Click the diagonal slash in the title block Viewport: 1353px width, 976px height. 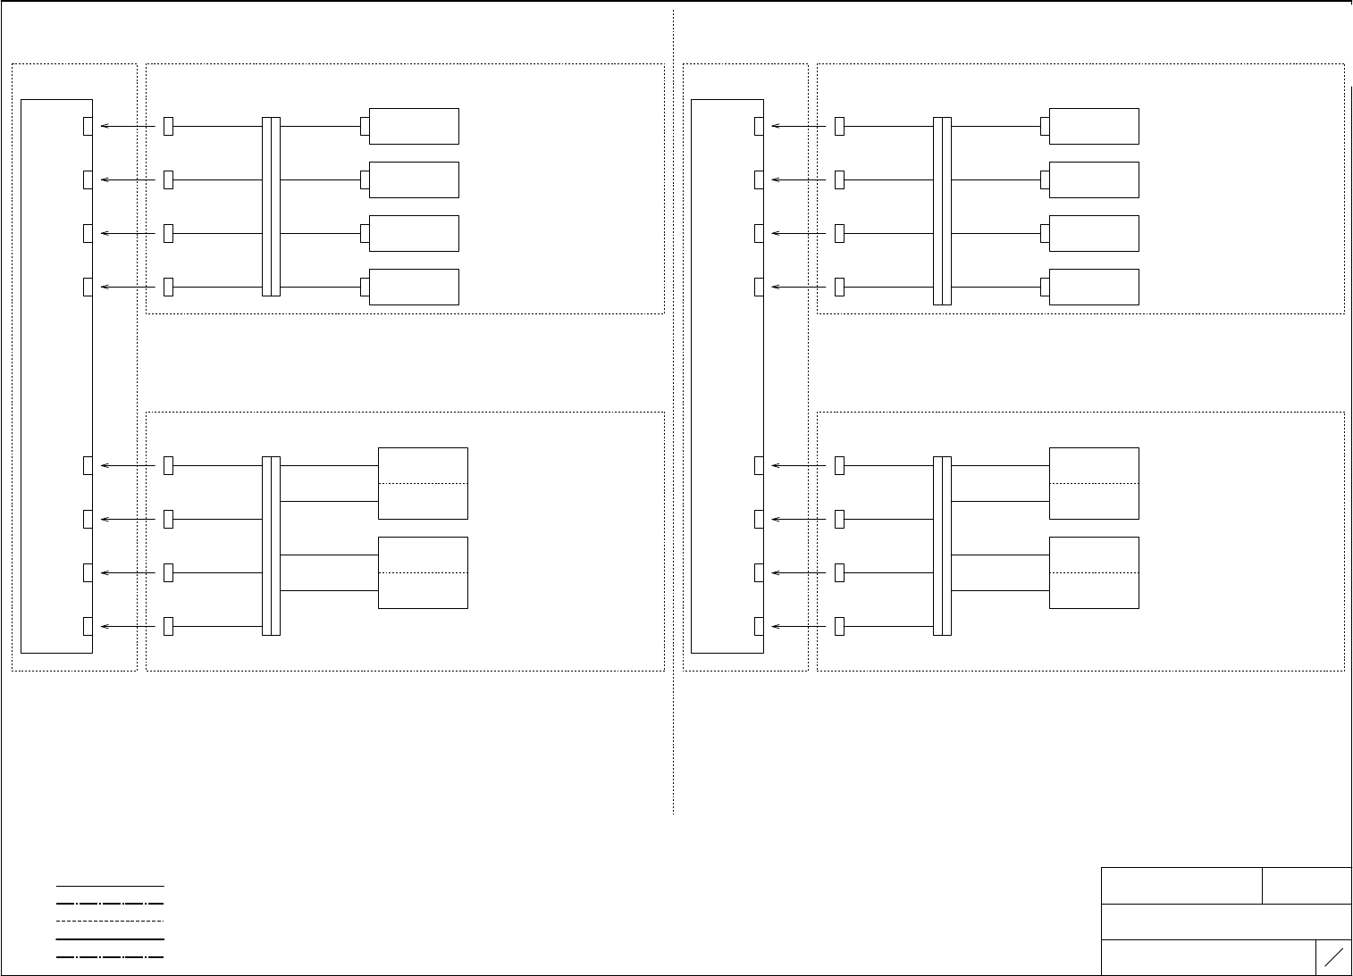(1333, 957)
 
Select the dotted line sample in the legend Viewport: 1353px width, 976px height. (110, 921)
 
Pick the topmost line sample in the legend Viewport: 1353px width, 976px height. (110, 886)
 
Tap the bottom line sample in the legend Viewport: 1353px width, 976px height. (110, 957)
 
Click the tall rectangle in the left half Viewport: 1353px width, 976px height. (56, 376)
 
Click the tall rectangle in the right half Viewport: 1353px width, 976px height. (727, 376)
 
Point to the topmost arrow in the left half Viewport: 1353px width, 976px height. (129, 126)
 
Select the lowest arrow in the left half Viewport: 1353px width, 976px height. (129, 626)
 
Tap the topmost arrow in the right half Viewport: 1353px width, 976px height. (800, 126)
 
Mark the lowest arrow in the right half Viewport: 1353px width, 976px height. (800, 626)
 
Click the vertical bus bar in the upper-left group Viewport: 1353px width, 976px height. (271, 206)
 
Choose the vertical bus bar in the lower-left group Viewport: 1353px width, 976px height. (271, 546)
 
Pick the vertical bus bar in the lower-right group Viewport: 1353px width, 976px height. (942, 546)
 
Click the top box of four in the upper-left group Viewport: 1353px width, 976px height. (414, 126)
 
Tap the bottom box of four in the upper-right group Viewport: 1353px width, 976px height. (1094, 287)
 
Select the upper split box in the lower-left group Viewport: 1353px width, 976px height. (423, 483)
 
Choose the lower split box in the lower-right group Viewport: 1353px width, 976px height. (1094, 572)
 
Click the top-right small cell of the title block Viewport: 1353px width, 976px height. (1307, 885)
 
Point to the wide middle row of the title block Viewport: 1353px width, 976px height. (1226, 922)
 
